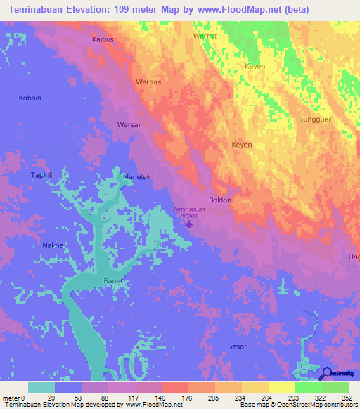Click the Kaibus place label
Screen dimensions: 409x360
[x=103, y=39]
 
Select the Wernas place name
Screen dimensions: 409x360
[x=148, y=82]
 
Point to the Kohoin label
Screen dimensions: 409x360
[x=30, y=98]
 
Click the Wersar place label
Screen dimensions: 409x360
[x=129, y=125]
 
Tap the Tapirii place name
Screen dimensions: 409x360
[x=41, y=174]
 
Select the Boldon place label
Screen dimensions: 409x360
[x=220, y=200]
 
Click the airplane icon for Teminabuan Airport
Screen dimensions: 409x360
[x=189, y=224]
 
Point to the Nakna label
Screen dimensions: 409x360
[x=53, y=245]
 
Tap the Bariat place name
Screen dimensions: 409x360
[x=114, y=280]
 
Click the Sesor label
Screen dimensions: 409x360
[x=238, y=346]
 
